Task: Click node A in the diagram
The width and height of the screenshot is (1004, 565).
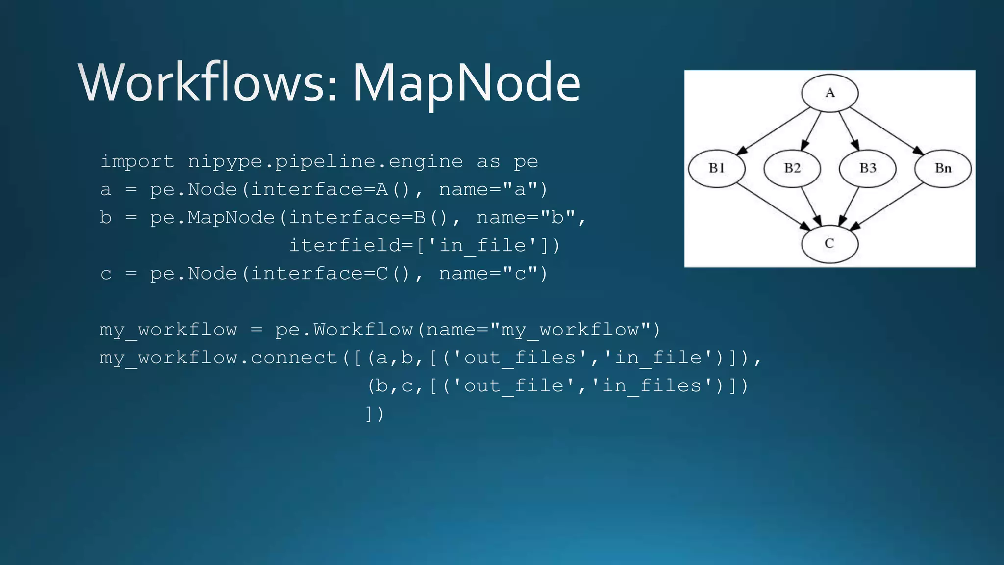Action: pos(829,93)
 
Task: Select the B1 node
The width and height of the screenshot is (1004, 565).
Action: pos(717,168)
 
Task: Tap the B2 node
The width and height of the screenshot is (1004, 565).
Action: pos(792,168)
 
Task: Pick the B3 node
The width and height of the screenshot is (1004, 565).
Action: pos(868,168)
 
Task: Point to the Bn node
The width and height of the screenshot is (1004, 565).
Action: pos(943,168)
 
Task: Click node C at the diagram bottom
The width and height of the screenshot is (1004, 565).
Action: pos(829,244)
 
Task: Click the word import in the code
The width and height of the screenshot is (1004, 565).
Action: pos(137,161)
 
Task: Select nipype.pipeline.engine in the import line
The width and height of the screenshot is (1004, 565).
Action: pos(326,161)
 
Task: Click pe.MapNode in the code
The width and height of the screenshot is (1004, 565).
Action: pos(212,217)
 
